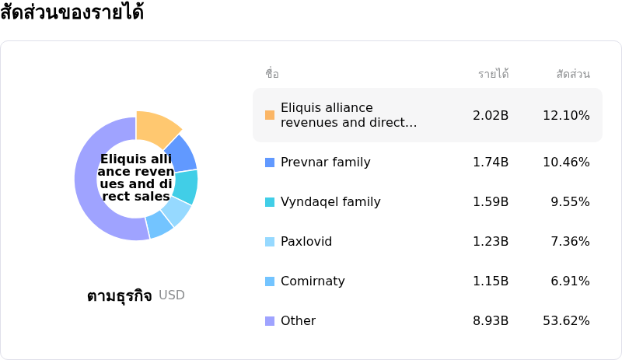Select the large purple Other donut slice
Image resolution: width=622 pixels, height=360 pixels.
click(x=92, y=194)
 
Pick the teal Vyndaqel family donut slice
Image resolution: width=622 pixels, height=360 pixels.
click(x=186, y=187)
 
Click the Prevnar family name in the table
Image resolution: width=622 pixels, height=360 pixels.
click(x=325, y=163)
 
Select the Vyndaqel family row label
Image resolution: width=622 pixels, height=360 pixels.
click(x=330, y=202)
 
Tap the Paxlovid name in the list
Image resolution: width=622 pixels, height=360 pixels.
click(x=306, y=242)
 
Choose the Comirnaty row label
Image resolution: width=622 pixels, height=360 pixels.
click(x=313, y=281)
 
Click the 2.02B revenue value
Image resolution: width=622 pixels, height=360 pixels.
click(x=491, y=115)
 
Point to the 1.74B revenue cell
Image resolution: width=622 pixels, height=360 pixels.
click(x=491, y=163)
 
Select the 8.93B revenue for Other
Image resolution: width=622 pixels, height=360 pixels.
click(x=491, y=321)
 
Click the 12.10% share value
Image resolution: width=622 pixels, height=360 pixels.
click(x=566, y=115)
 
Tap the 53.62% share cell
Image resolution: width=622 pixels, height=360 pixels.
click(x=566, y=321)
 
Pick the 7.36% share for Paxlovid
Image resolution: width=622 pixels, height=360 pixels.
click(x=570, y=242)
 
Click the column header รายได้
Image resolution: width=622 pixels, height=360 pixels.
click(x=493, y=74)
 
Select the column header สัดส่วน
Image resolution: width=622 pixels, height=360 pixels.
click(x=573, y=74)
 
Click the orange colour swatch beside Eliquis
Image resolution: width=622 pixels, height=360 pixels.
click(x=270, y=115)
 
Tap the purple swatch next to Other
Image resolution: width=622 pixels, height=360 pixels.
click(x=270, y=321)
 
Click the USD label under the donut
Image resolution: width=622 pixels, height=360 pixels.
click(x=172, y=295)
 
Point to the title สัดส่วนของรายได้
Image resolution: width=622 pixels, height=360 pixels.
click(x=72, y=13)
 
